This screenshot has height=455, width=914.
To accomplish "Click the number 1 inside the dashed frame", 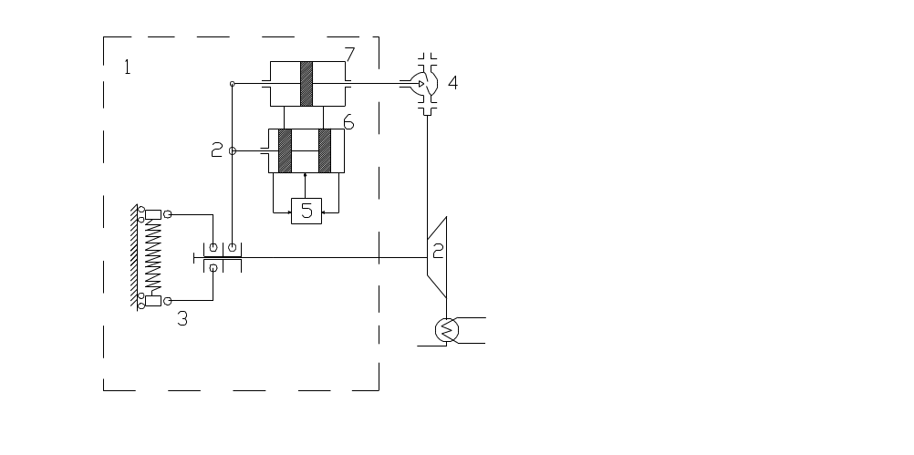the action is click(x=127, y=67).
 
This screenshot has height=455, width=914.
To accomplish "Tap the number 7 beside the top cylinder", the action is click(x=349, y=54).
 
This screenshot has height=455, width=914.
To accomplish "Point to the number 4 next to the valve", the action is click(x=453, y=83).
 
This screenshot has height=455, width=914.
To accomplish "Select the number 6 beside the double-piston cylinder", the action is click(x=348, y=122).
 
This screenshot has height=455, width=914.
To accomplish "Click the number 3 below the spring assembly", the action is click(x=182, y=318).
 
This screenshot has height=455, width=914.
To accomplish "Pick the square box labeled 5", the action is click(x=306, y=211).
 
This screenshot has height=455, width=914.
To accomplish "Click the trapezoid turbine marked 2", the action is click(x=437, y=257).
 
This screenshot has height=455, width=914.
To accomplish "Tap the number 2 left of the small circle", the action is click(x=217, y=150).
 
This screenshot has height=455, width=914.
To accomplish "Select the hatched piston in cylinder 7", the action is click(x=306, y=83).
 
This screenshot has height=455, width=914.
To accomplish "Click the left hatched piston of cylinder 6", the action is click(x=285, y=150).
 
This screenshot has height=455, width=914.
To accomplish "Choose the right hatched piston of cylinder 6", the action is click(x=325, y=150).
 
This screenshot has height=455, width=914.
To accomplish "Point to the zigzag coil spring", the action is click(x=152, y=257).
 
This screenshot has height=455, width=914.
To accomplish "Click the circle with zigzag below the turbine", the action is click(x=447, y=330).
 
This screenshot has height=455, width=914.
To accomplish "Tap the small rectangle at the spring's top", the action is click(x=152, y=214).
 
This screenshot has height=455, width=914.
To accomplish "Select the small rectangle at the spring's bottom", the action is click(x=152, y=301).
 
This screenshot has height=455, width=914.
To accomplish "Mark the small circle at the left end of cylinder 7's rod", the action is click(x=232, y=84).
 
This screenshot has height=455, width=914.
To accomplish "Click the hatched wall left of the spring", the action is click(x=134, y=256).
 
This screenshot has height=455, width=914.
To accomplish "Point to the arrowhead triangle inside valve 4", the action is click(x=421, y=84).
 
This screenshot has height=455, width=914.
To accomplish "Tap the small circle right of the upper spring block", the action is click(x=167, y=214).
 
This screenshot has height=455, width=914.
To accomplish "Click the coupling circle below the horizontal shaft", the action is click(x=213, y=268).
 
